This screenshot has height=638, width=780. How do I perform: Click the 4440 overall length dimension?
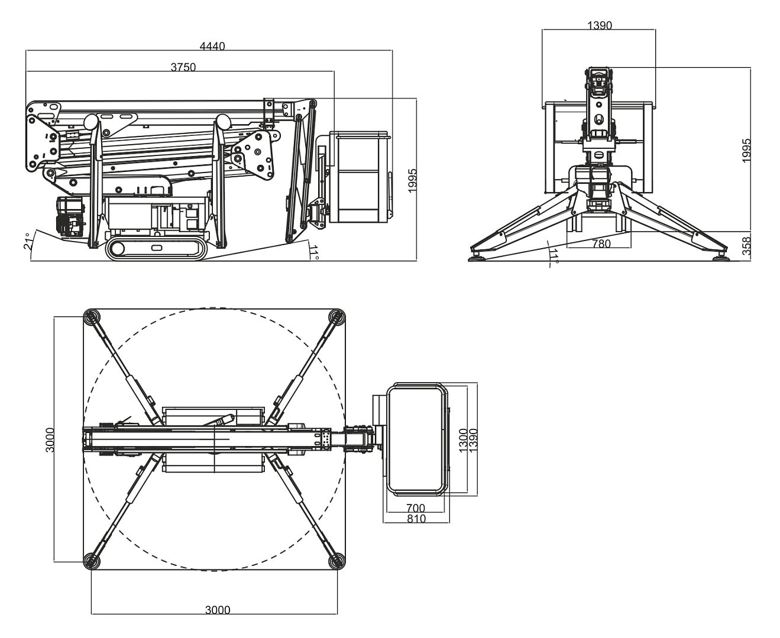click(212, 47)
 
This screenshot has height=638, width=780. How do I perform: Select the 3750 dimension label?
click(183, 67)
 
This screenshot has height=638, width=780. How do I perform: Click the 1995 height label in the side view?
click(412, 180)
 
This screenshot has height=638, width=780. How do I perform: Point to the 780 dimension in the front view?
click(601, 243)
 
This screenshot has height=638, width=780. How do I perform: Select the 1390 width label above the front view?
click(600, 25)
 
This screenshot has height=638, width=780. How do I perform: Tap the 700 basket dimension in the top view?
click(416, 508)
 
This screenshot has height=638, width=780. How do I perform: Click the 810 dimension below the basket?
click(416, 519)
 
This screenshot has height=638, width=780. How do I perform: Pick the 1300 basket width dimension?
click(463, 438)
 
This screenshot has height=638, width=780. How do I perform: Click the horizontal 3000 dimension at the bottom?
click(218, 610)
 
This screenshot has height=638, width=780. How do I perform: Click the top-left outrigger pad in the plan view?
click(92, 317)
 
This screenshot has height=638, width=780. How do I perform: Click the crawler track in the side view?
click(157, 249)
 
